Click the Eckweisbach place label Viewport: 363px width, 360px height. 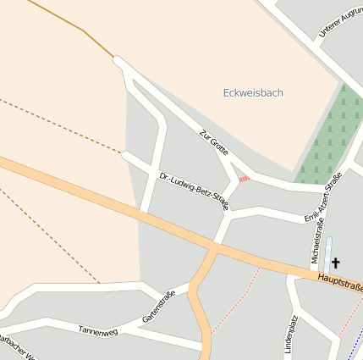(x=253, y=92)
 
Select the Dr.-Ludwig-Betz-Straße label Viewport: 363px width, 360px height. (x=194, y=190)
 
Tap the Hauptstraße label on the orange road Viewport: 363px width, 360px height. (x=338, y=283)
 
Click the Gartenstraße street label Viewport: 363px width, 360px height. (x=158, y=307)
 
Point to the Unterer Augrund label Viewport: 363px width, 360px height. (x=340, y=24)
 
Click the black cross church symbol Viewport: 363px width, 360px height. (x=335, y=263)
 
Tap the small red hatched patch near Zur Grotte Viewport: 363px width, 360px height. (x=244, y=179)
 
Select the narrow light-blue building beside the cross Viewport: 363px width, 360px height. (x=327, y=254)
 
